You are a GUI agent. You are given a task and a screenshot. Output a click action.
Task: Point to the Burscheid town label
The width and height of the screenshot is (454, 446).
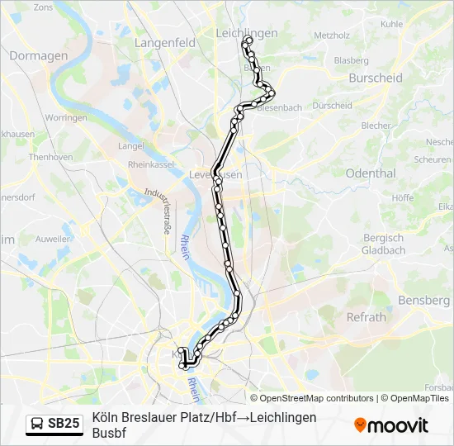pyautogui.click(x=375, y=78)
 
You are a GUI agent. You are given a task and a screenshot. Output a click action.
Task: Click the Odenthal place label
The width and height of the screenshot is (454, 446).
pyautogui.click(x=371, y=173)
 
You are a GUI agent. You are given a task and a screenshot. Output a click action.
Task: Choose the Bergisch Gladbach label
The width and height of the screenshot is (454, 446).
pyautogui.click(x=385, y=244)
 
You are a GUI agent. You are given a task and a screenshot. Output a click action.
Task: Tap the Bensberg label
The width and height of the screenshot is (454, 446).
pyautogui.click(x=423, y=301)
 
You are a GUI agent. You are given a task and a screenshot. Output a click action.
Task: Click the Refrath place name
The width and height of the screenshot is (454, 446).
pyautogui.click(x=366, y=317)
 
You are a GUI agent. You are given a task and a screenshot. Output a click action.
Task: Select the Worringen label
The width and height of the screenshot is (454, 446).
pyautogui.click(x=66, y=118)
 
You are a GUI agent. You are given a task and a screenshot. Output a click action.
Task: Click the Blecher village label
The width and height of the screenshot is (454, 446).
pyautogui.click(x=376, y=126)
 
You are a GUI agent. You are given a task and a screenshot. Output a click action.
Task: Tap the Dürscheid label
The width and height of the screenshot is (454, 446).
pyautogui.click(x=333, y=106)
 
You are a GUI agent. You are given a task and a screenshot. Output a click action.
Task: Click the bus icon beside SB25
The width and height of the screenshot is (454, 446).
pyautogui.click(x=37, y=424)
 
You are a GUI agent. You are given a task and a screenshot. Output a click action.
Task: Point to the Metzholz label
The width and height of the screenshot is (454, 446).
pyautogui.click(x=332, y=36)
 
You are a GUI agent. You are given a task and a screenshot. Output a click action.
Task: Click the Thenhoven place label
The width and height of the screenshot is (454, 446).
pyautogui.click(x=51, y=157)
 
